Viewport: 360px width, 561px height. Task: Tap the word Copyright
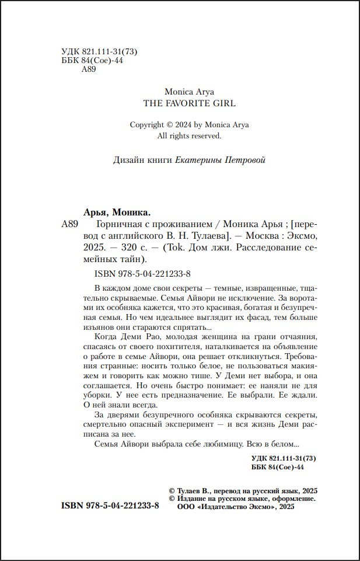coord(147,124)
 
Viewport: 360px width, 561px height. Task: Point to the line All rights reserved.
coord(190,135)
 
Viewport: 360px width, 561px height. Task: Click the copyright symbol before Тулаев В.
coord(172,491)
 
